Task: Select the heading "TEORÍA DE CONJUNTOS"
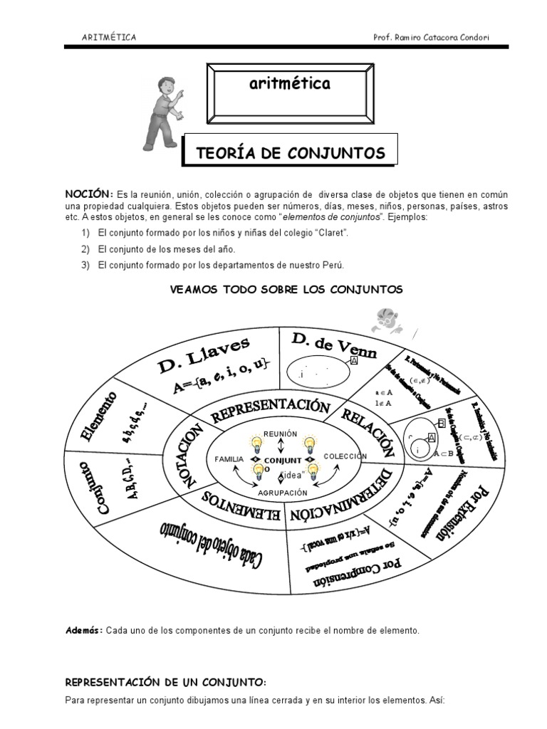tap(290, 152)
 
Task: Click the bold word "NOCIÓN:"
tap(90, 194)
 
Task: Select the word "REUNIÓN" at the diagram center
tap(279, 433)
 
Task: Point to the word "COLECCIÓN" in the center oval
tap(345, 456)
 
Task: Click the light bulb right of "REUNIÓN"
tap(310, 444)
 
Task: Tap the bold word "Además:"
tap(84, 631)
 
